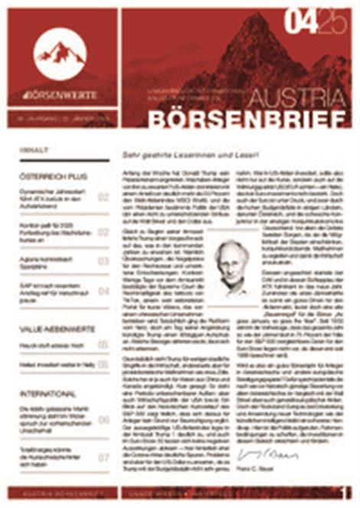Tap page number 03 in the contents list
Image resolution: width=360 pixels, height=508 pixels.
(x=103, y=261)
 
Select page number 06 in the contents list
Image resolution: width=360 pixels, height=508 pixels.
(x=103, y=420)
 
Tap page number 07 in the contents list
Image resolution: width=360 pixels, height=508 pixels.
(x=103, y=457)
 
